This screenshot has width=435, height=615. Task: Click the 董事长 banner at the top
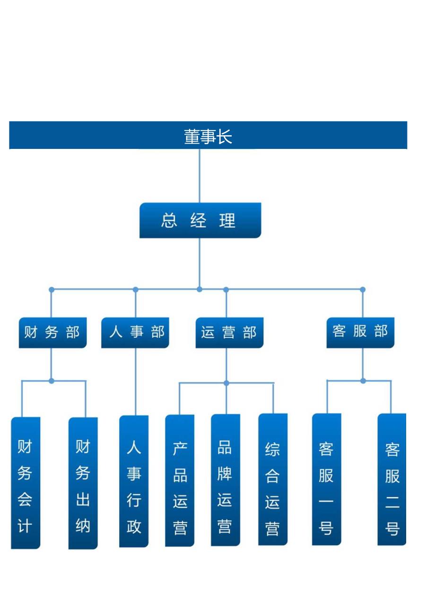click(208, 136)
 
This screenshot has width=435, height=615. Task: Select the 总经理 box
click(200, 220)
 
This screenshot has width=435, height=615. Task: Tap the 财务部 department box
click(52, 332)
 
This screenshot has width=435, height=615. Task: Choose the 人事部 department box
click(135, 332)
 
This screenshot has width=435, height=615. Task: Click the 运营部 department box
click(229, 332)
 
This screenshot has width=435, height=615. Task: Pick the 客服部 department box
click(360, 332)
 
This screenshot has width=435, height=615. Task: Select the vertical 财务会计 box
click(26, 483)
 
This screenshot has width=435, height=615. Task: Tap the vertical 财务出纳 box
click(83, 483)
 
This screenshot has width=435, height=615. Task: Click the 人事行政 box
click(134, 481)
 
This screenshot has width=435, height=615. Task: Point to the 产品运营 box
click(180, 481)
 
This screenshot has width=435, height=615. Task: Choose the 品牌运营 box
click(226, 480)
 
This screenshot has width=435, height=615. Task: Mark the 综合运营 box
click(273, 480)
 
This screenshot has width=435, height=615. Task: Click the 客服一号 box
click(326, 479)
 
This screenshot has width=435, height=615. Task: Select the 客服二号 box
click(392, 479)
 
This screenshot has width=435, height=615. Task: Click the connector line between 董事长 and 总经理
click(200, 176)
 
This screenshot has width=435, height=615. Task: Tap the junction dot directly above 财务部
click(52, 289)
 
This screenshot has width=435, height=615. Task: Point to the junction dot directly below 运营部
click(226, 383)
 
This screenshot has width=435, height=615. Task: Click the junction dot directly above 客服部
click(363, 289)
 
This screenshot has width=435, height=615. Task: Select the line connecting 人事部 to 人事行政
click(136, 382)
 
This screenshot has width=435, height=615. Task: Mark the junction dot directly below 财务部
click(52, 381)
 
